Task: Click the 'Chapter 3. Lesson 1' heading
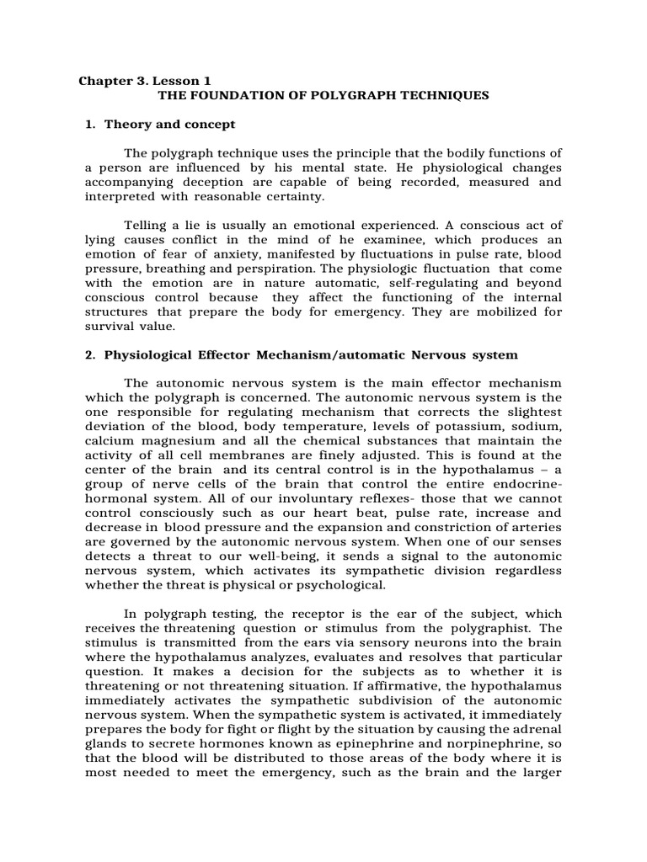[145, 82]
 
